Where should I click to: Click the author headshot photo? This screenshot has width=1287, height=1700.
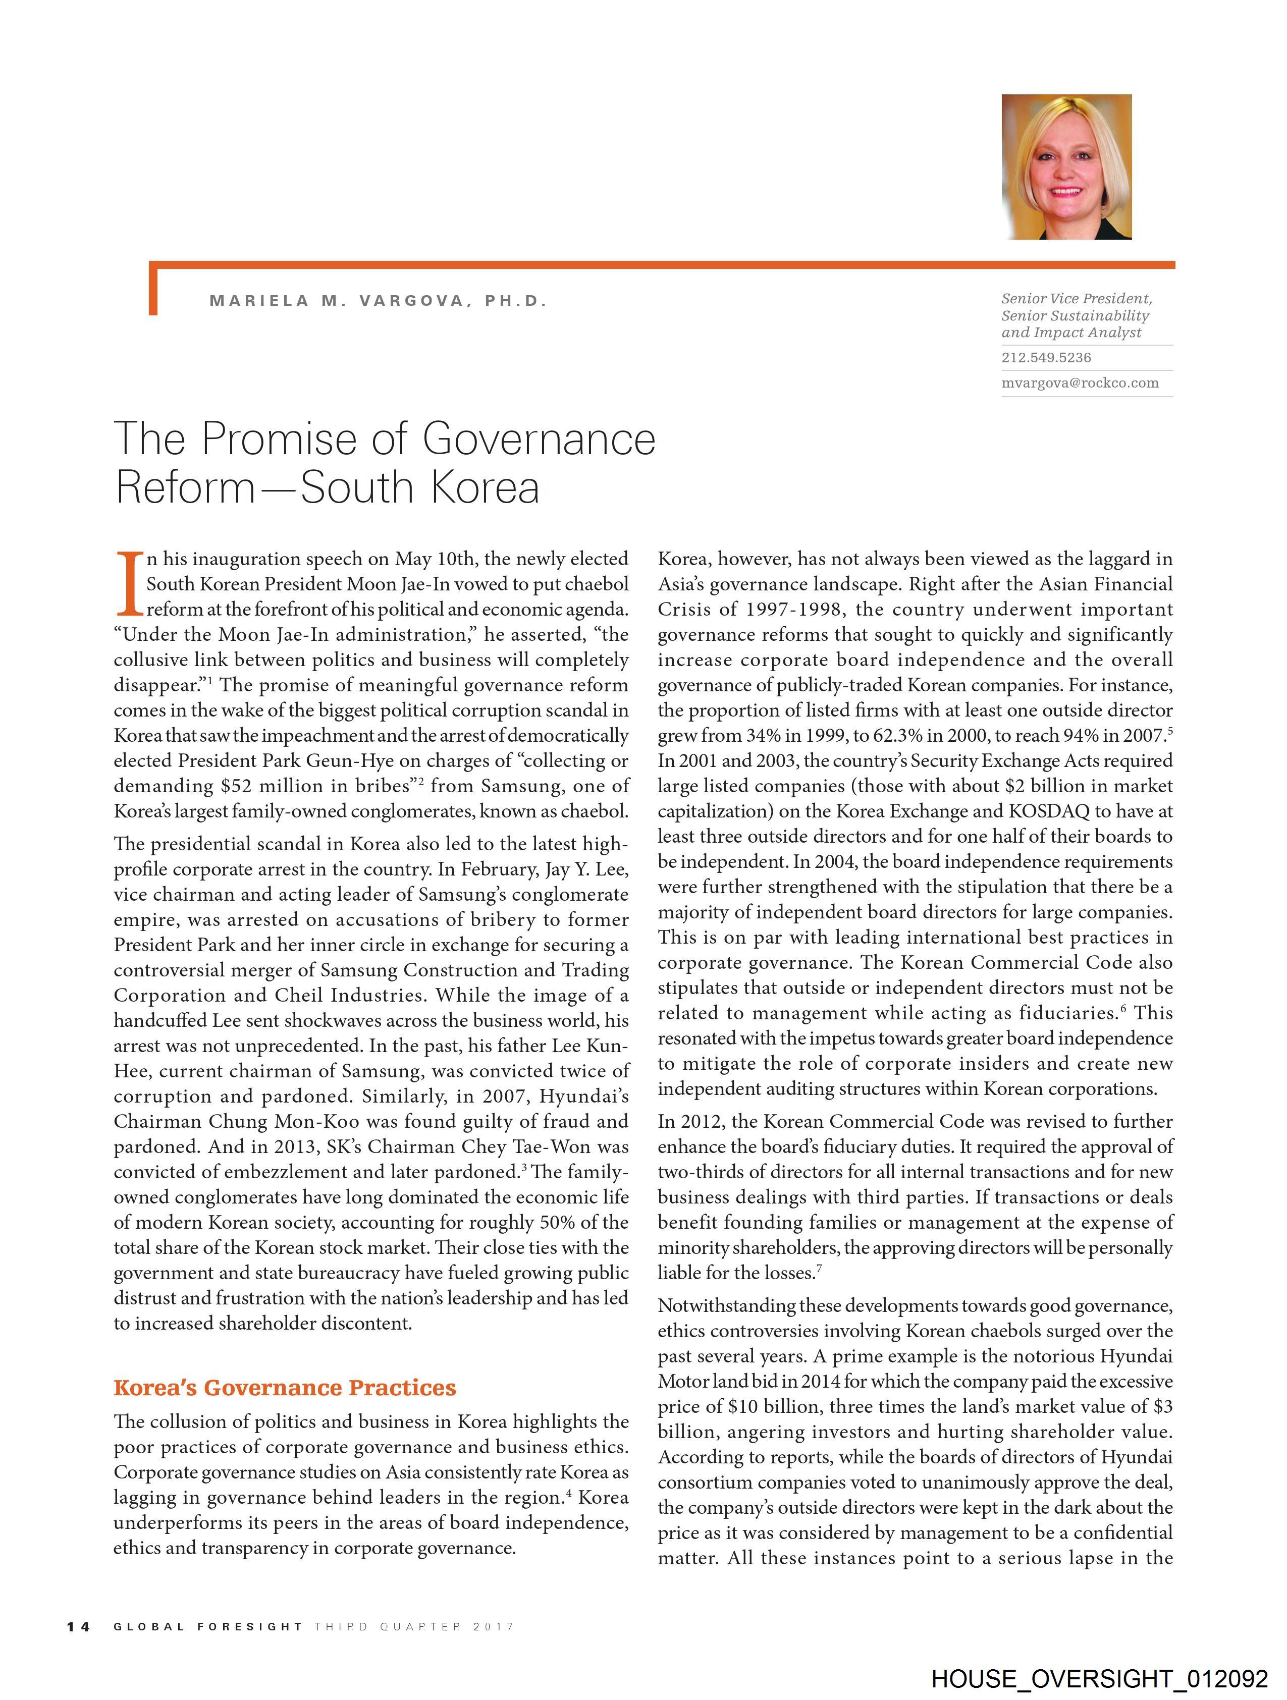(1066, 167)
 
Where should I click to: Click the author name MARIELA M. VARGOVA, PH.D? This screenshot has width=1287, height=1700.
(378, 301)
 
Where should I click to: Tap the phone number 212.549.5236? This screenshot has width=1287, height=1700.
(1046, 357)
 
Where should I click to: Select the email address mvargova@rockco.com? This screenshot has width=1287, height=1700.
(1080, 382)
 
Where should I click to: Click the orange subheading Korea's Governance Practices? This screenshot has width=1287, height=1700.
(285, 1387)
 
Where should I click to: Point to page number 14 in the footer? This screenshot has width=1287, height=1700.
(78, 1626)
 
